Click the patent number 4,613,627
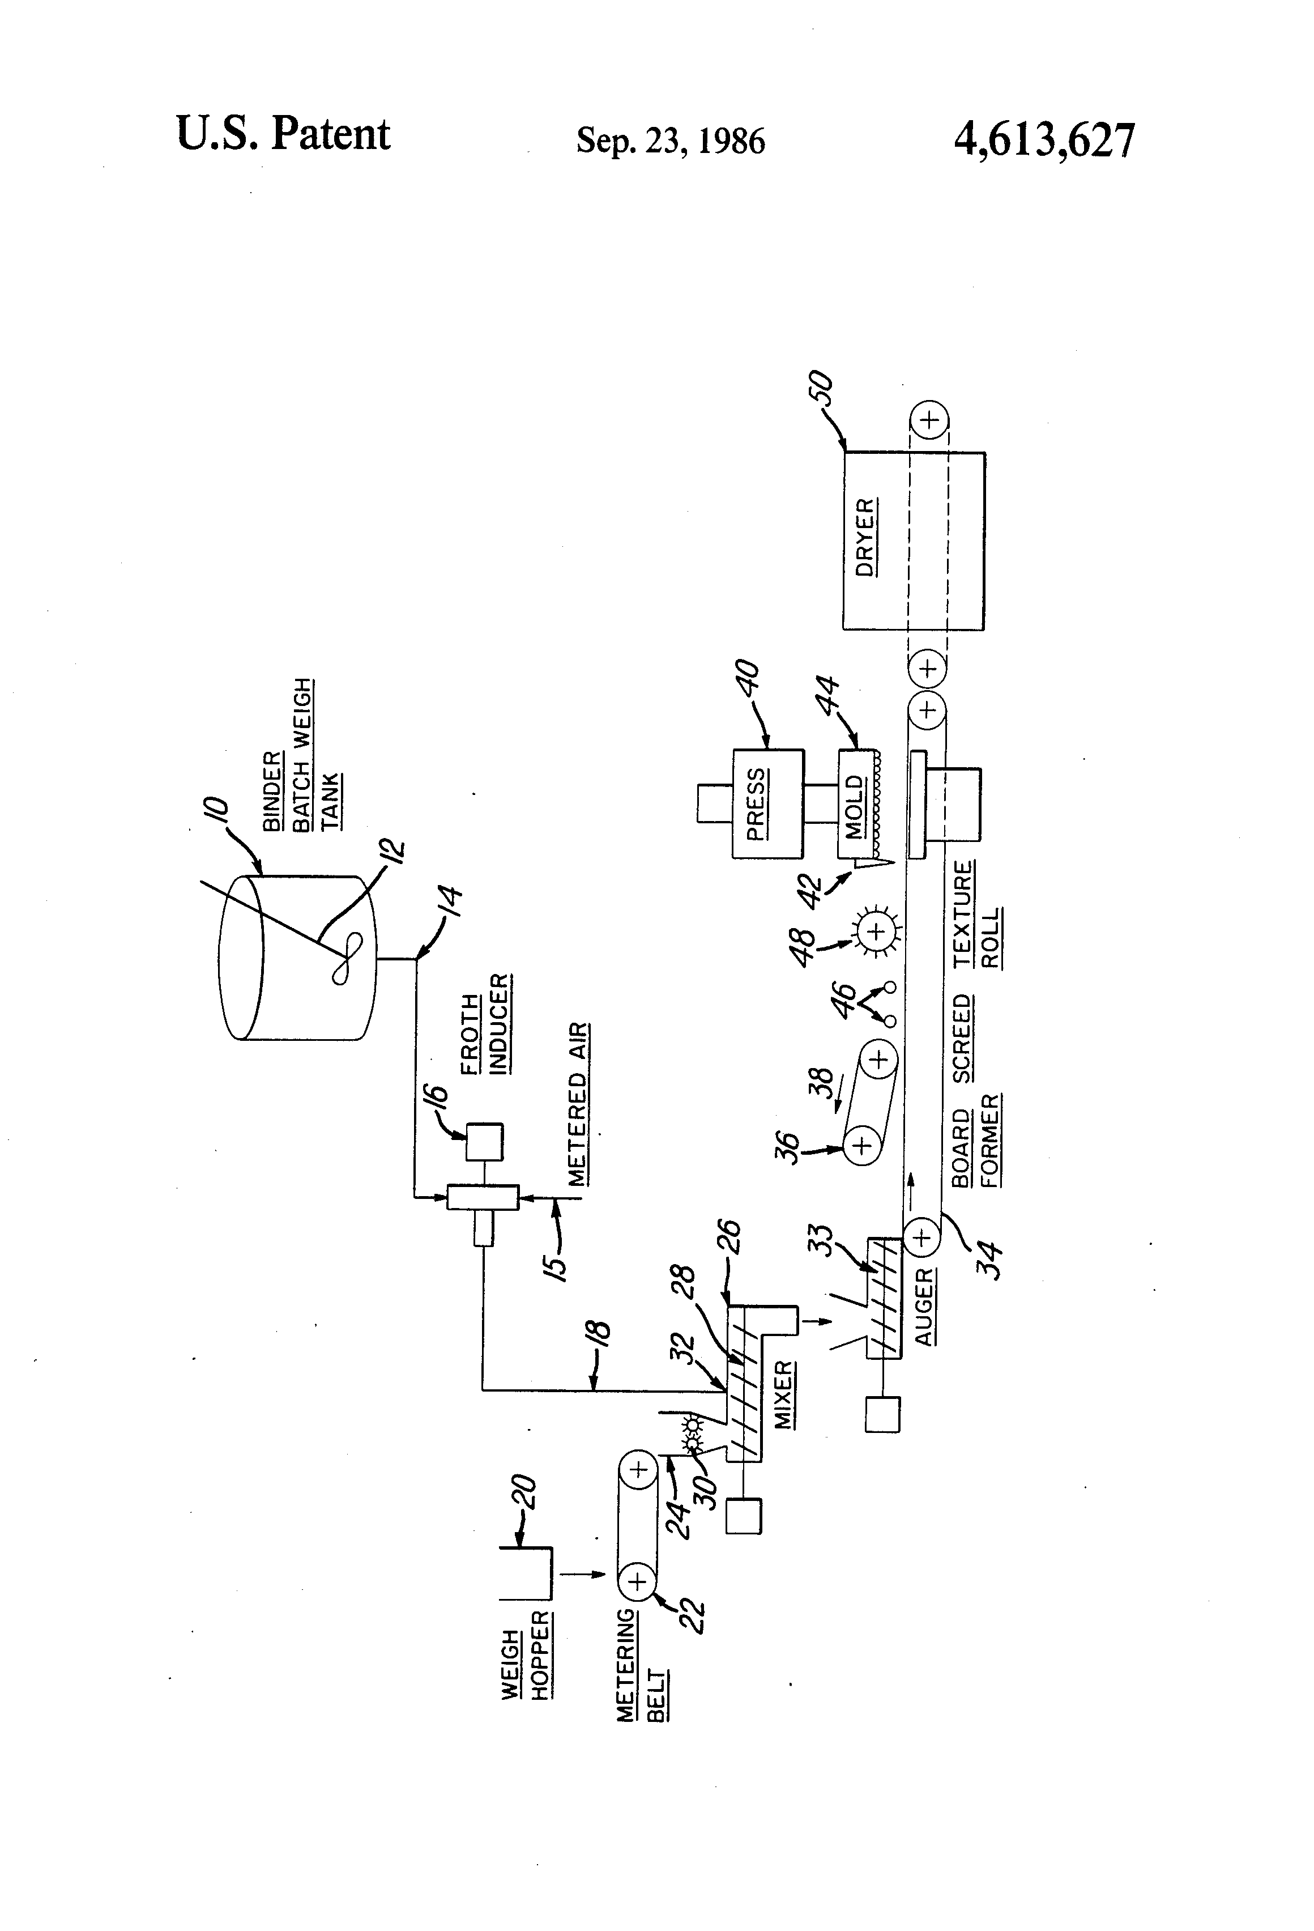(1043, 139)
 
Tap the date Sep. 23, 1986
(670, 141)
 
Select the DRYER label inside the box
(865, 538)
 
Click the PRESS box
(767, 803)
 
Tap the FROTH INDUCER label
(485, 1024)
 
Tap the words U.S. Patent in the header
(283, 135)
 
